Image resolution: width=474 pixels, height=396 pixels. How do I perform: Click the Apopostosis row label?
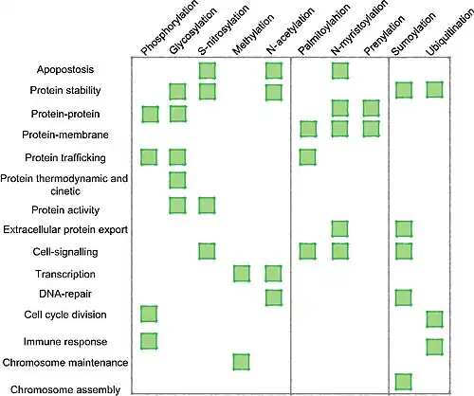tap(65, 69)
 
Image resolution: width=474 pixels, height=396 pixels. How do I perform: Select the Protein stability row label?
tap(65, 90)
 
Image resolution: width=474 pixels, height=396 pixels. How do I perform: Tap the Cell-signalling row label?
tap(65, 252)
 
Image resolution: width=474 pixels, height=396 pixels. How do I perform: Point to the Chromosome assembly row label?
tap(65, 389)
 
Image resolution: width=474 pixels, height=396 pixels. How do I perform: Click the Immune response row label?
tap(65, 342)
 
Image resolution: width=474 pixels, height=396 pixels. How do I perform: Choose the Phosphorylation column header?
tap(170, 27)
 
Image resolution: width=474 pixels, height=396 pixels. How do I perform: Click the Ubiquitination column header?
tap(449, 33)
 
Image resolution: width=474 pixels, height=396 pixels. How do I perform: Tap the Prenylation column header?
tap(384, 35)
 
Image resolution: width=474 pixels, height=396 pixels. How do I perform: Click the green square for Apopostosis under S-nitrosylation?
tap(208, 70)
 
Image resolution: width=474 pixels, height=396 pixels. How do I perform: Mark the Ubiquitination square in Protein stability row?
tap(434, 90)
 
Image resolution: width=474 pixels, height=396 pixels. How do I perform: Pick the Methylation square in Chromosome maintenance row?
tap(242, 362)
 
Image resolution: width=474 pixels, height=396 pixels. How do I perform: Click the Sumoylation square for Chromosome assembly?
tap(404, 382)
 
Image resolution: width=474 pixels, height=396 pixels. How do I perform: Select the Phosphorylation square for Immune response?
tap(149, 341)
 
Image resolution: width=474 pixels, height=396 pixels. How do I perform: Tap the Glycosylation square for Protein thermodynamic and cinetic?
tap(177, 180)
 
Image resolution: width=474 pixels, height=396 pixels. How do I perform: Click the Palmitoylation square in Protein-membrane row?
tap(308, 129)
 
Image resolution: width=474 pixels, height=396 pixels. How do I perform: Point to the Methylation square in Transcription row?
tap(242, 274)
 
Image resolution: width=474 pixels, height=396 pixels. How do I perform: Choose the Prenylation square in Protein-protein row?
tap(371, 108)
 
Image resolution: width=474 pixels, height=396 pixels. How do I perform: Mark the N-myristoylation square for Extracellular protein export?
tap(340, 229)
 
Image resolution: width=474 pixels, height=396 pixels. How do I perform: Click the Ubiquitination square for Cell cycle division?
tap(434, 319)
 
